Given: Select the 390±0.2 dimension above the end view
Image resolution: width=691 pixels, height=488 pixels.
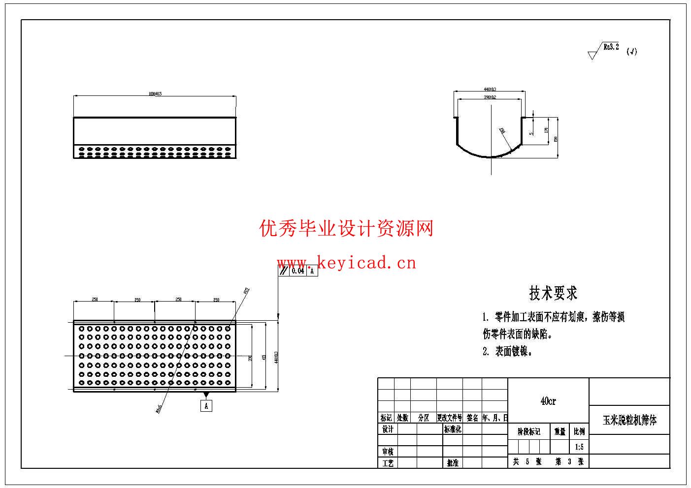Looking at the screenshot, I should tap(489, 97).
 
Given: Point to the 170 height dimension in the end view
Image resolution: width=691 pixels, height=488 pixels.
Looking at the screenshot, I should tap(546, 131).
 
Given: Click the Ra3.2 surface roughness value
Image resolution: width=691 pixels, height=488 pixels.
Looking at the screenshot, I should tap(611, 47).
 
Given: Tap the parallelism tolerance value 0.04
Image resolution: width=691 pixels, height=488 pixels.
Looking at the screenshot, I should tap(297, 271).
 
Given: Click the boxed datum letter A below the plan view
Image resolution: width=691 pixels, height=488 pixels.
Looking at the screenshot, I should tap(206, 406).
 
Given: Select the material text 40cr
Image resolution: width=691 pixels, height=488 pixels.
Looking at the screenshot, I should tap(548, 401).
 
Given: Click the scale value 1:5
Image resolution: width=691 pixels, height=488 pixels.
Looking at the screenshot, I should tap(579, 447).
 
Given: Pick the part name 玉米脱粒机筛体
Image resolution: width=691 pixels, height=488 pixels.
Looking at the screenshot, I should tap(629, 421).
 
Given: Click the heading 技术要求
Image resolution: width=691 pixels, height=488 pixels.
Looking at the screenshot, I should tap(553, 293).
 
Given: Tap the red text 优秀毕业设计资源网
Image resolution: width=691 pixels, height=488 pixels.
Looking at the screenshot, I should tap(346, 229).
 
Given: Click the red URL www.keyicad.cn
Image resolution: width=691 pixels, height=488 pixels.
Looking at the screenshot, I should tap(346, 263).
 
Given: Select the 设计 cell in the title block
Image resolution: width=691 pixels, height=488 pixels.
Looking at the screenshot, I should tap(388, 429).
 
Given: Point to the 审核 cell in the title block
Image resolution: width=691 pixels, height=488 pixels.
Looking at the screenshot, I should tap(388, 451).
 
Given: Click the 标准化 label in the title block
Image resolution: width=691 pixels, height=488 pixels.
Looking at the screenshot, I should tap(453, 429).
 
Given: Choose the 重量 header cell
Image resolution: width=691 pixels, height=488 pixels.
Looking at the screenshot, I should tap(560, 431).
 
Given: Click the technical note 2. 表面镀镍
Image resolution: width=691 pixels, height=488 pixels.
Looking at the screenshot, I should tap(507, 351).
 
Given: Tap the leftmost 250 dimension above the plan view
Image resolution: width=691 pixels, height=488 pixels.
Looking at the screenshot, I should tap(94, 300).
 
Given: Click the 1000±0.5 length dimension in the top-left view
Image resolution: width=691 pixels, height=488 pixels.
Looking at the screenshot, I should tap(155, 93).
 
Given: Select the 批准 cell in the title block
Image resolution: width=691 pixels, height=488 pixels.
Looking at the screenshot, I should tap(453, 463).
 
